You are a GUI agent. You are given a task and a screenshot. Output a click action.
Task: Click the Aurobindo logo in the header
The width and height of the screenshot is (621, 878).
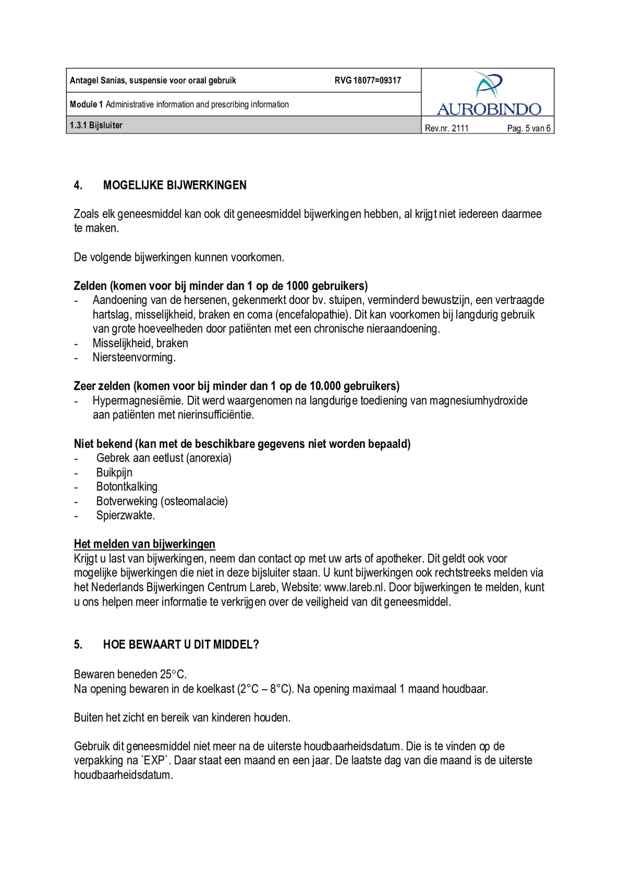[489, 94]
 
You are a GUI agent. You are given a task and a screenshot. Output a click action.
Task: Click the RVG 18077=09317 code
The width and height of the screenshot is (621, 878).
[367, 81]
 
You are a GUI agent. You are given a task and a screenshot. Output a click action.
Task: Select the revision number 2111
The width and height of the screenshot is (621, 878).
[460, 128]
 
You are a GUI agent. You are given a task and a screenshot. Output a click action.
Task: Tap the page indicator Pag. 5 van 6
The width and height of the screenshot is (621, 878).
[528, 128]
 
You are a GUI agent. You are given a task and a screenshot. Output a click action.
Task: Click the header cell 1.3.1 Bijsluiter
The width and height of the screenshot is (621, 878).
[96, 125]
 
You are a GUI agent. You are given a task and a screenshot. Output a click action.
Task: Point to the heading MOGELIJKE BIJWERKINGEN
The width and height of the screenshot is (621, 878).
[175, 185]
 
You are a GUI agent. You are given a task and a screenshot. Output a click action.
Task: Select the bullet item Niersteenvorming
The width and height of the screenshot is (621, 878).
[134, 358]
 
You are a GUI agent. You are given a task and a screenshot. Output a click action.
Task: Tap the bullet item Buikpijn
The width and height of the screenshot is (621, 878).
[114, 473]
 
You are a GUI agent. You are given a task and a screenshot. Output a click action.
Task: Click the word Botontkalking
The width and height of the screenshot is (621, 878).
[127, 487]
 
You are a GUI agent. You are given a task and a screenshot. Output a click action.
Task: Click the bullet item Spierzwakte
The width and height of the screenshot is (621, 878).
[125, 515]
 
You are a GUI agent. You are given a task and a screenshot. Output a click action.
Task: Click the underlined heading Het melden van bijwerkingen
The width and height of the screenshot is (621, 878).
[144, 544]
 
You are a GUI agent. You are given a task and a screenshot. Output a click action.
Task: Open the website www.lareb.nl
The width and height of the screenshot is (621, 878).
[355, 587]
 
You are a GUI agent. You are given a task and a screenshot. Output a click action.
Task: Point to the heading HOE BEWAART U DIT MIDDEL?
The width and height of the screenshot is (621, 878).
[181, 645]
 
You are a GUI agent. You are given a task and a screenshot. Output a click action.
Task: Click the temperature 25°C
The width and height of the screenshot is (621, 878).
[173, 674]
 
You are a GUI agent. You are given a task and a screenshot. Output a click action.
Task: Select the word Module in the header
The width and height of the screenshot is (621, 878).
[83, 104]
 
